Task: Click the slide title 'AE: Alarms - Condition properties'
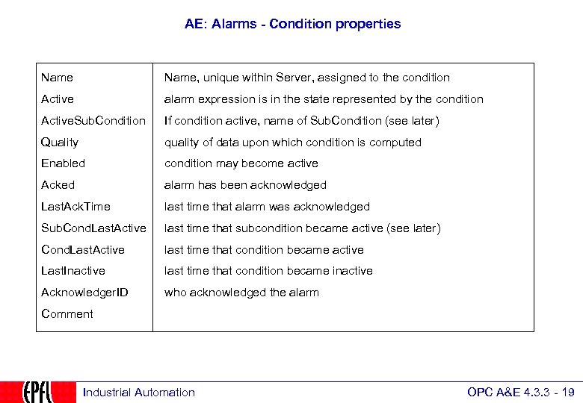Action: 292,24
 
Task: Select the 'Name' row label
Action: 57,78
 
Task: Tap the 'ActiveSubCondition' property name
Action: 93,121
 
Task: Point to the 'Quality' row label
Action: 60,143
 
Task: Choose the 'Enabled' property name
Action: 63,163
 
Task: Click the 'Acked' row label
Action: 58,185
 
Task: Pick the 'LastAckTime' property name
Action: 75,207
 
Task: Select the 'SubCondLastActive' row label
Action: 93,228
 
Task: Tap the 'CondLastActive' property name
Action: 83,250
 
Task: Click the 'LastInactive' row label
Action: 73,271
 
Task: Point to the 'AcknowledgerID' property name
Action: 84,293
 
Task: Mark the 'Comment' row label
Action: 67,314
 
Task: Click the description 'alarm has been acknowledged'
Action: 245,185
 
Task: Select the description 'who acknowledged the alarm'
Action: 241,293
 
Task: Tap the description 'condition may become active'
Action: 241,163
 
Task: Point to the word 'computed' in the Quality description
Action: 396,143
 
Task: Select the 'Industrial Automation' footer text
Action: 138,393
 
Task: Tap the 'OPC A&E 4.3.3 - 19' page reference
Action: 520,393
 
